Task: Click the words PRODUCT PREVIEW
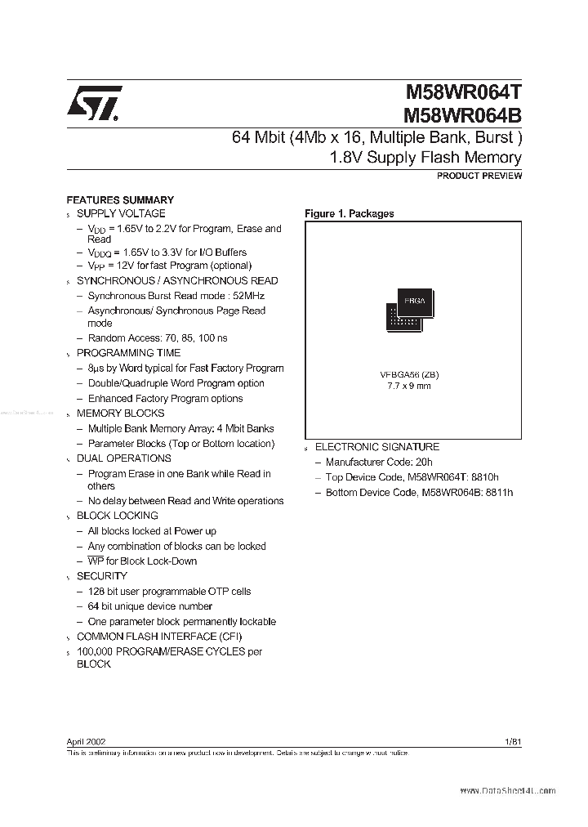(479, 176)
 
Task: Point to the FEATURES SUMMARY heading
(120, 199)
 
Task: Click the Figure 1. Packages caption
(349, 213)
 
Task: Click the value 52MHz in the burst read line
(247, 296)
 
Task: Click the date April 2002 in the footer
(86, 741)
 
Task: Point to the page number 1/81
(513, 741)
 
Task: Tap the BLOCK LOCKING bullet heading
(118, 516)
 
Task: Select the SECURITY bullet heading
(102, 576)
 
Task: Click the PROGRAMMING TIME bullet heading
(129, 353)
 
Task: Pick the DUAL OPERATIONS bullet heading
(124, 458)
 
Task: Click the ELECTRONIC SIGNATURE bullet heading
(377, 447)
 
